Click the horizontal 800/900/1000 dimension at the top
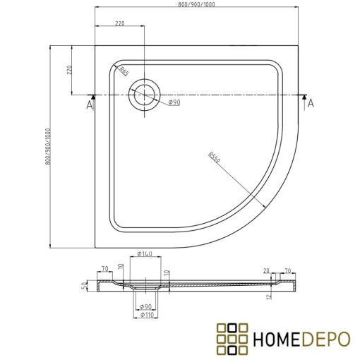[197, 6]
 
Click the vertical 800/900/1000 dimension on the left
[49, 147]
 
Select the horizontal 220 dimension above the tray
[120, 24]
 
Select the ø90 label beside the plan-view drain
[174, 103]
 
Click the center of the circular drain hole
[145, 95]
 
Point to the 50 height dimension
[85, 284]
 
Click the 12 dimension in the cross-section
[270, 296]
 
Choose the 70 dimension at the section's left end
[104, 268]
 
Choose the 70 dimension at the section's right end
[287, 270]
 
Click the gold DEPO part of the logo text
[328, 338]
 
